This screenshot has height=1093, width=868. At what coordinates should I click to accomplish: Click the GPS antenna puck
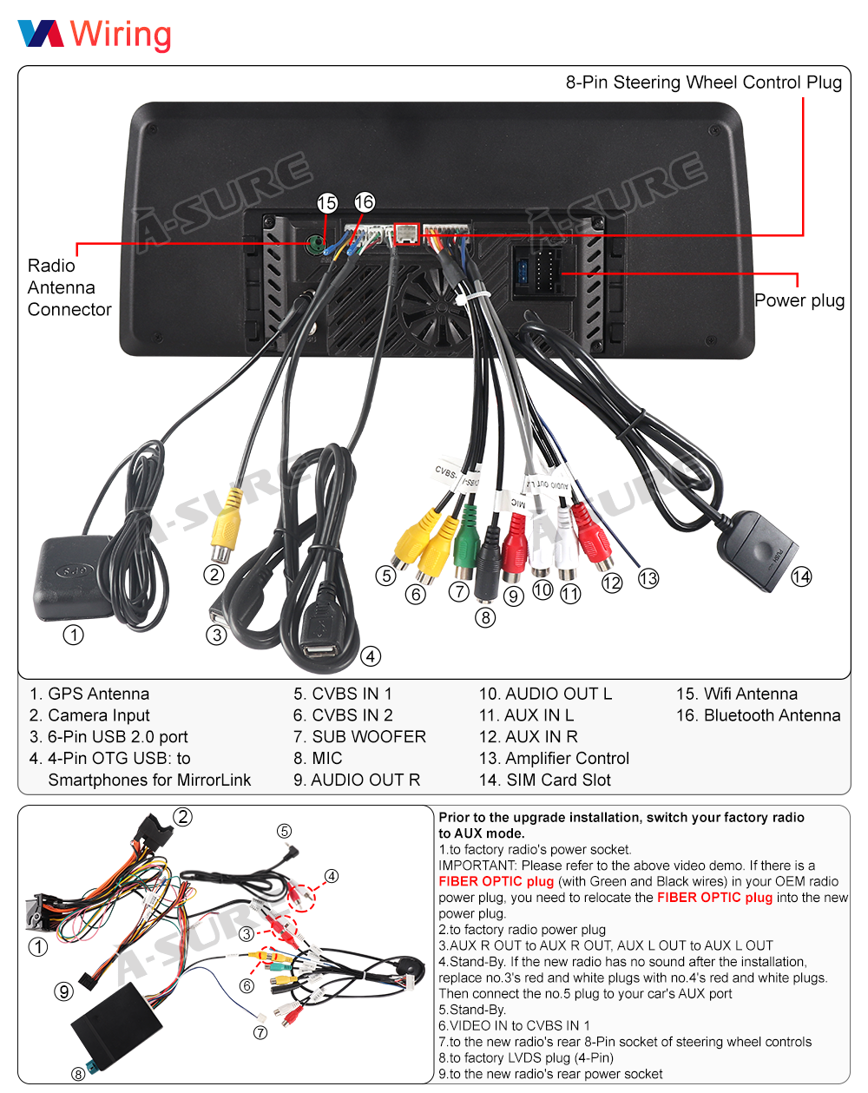74,577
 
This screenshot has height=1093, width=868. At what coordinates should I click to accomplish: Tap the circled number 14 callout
801,576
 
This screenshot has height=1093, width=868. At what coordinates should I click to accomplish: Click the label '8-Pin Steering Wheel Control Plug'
703,82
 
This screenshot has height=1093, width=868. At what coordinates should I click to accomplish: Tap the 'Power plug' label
799,300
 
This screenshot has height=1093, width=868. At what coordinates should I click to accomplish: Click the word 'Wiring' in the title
121,35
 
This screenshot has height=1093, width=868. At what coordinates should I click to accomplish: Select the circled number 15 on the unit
327,203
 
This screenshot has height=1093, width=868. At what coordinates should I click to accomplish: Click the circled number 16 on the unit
365,202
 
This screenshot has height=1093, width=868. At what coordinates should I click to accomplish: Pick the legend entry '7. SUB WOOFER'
359,737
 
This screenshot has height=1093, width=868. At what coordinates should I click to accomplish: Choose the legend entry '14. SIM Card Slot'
545,780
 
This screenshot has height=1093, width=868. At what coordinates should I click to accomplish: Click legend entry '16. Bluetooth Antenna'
758,715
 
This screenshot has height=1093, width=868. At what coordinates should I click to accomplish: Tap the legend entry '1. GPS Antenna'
89,694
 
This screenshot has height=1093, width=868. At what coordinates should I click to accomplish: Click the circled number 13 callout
648,578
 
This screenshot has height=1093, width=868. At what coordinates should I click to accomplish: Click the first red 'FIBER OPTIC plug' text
496,881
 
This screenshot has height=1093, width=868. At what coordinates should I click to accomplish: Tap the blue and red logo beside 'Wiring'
41,34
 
